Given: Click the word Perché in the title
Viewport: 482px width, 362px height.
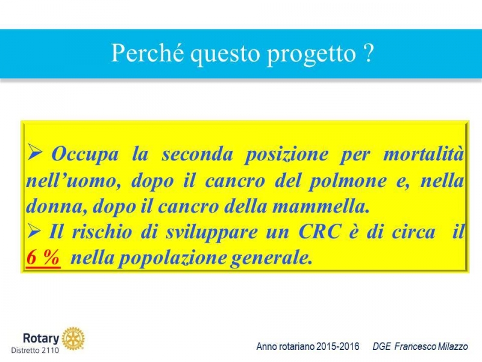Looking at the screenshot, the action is pyautogui.click(x=148, y=53).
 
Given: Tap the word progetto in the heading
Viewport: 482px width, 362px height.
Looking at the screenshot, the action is pyautogui.click(x=311, y=56).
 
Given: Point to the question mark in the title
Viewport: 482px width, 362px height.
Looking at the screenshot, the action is pyautogui.click(x=368, y=53).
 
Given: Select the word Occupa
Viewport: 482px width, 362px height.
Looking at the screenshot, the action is pyautogui.click(x=85, y=154).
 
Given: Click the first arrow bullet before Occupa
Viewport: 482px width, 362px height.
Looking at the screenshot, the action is pyautogui.click(x=34, y=152).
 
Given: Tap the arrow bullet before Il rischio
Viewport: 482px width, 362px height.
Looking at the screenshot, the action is pyautogui.click(x=34, y=231).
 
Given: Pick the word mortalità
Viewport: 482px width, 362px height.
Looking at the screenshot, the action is pyautogui.click(x=424, y=153).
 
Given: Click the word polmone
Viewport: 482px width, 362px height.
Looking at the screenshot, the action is pyautogui.click(x=348, y=181).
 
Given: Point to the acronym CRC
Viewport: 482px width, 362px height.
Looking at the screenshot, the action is pyautogui.click(x=320, y=232).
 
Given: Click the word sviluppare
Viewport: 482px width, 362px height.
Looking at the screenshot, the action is pyautogui.click(x=212, y=233).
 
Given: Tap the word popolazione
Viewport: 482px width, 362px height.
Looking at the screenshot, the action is pyautogui.click(x=172, y=259).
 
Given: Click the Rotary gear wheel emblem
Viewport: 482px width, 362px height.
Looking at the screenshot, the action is pyautogui.click(x=73, y=338).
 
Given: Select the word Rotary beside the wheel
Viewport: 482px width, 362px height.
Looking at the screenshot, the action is pyautogui.click(x=41, y=338).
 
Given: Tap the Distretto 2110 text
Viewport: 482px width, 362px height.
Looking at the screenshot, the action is pyautogui.click(x=35, y=351).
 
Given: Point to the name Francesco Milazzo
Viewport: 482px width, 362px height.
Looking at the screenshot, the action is pyautogui.click(x=431, y=346).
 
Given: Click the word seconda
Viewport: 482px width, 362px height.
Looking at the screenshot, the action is pyautogui.click(x=198, y=154).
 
